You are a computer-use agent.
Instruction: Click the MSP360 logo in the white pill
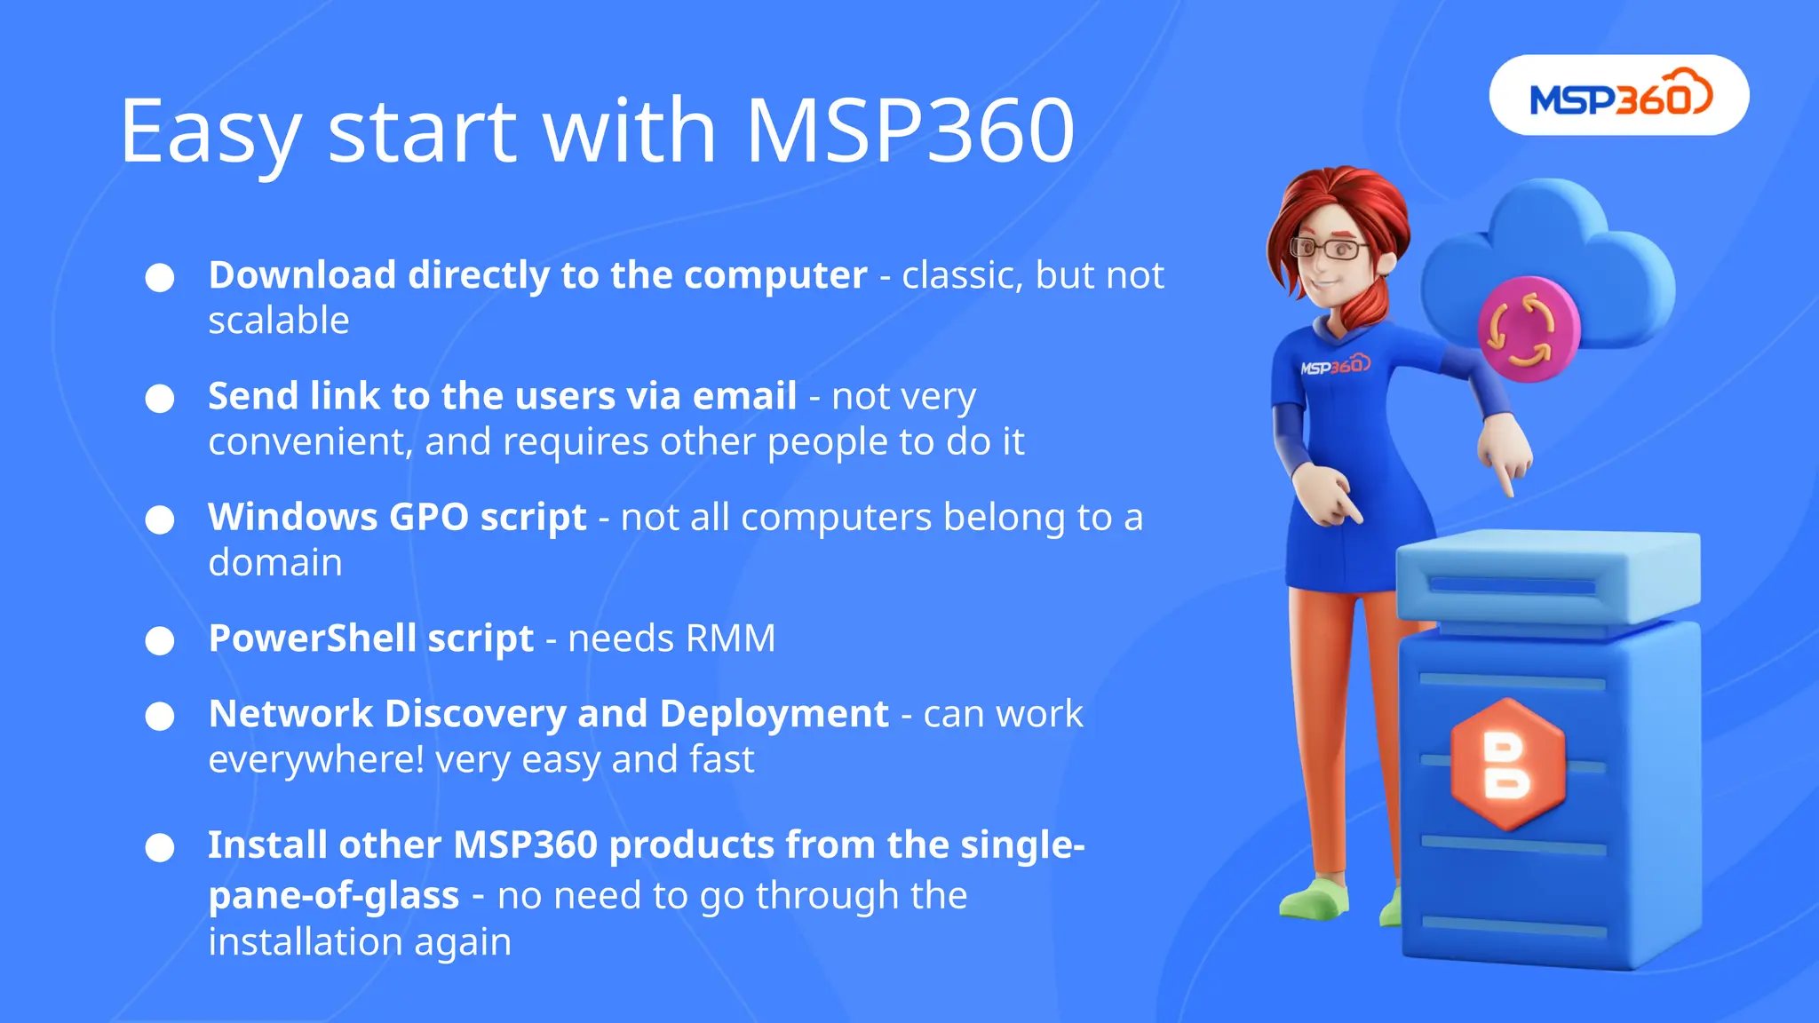tap(1618, 95)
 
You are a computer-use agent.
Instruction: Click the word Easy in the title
tap(211, 133)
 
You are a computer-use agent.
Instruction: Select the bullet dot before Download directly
tap(160, 277)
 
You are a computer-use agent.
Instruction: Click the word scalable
tap(278, 321)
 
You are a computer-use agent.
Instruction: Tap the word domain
tap(274, 563)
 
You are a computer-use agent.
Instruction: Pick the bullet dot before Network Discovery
tap(160, 717)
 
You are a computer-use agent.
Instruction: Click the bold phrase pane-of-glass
tap(333, 896)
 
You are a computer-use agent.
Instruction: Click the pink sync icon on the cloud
tap(1528, 329)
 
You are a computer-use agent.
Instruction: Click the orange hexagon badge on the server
tap(1507, 764)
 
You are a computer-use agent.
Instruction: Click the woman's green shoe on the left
tap(1315, 901)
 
